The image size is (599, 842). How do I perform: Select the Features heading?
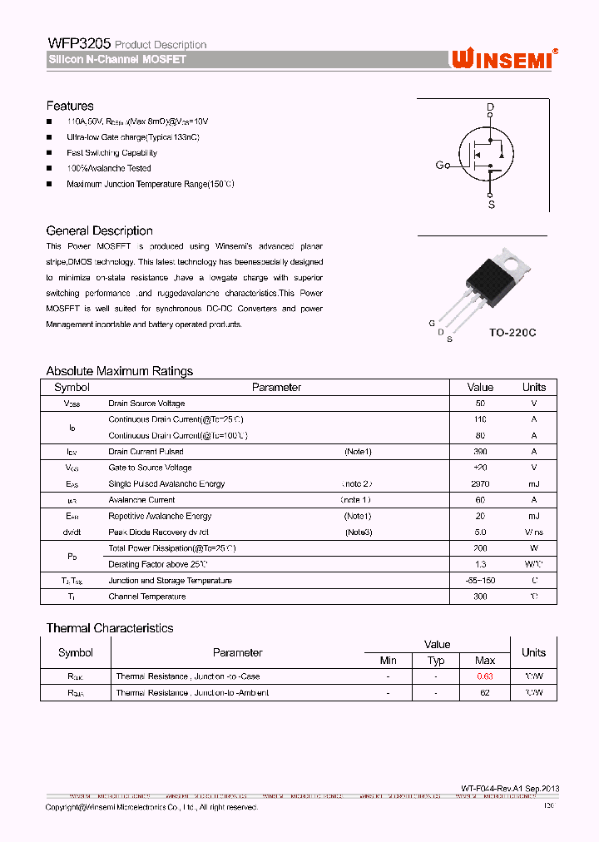70,106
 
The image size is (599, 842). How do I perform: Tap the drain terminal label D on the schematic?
490,107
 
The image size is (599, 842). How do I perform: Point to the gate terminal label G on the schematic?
439,165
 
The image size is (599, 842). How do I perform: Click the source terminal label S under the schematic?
491,204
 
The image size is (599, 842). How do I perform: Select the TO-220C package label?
512,333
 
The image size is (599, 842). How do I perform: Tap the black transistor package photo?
493,280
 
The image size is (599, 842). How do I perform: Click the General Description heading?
99,230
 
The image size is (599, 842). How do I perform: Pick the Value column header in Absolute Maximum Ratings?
480,387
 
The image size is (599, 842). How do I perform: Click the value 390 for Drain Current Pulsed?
480,452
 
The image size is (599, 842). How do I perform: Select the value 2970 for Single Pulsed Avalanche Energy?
480,483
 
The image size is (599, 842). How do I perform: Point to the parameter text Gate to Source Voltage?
150,468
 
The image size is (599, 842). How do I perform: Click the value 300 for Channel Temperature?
480,597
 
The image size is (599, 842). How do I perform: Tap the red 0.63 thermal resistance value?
484,676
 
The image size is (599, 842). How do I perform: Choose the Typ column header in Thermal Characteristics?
436,661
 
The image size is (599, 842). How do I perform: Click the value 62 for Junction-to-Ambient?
484,692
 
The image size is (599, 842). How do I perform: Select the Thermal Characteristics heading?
109,628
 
